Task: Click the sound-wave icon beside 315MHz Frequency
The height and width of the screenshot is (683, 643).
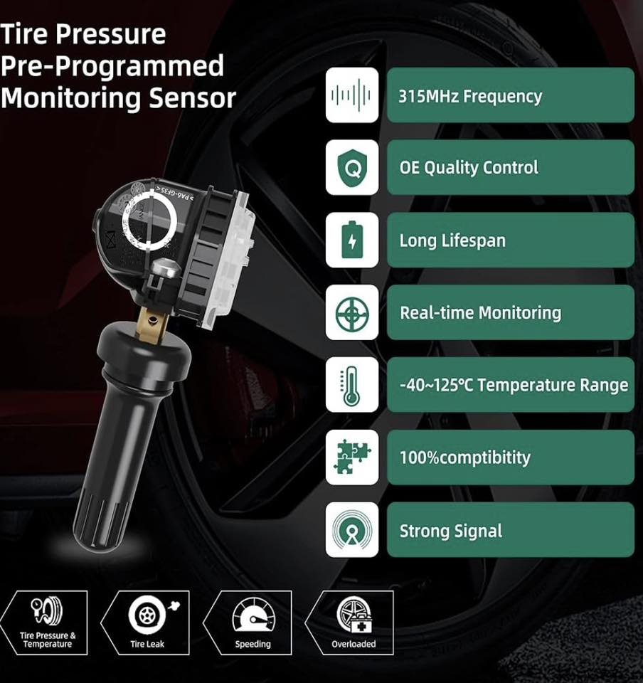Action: click(x=351, y=95)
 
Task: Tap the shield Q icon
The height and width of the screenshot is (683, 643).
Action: click(x=351, y=168)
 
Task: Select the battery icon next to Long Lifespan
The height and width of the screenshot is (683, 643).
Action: click(x=351, y=240)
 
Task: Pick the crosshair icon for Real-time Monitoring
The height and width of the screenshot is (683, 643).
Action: click(x=351, y=312)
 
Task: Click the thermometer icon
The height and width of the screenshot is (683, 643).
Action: click(x=351, y=385)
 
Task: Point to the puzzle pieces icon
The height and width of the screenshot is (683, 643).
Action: click(x=351, y=457)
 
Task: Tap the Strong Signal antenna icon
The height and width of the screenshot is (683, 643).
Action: click(x=351, y=530)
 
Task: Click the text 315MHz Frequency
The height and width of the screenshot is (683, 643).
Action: click(x=470, y=96)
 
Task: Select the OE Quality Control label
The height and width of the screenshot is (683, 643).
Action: click(x=469, y=168)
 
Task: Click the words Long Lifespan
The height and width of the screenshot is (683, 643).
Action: click(x=452, y=240)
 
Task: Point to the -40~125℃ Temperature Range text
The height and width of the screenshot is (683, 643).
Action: click(x=514, y=386)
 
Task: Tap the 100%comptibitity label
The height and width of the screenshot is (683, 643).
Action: click(x=465, y=457)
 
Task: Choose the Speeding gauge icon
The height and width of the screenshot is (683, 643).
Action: click(x=253, y=615)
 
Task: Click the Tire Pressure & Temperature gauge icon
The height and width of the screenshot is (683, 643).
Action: click(x=47, y=613)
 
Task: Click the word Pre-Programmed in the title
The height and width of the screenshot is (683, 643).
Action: click(x=112, y=66)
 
